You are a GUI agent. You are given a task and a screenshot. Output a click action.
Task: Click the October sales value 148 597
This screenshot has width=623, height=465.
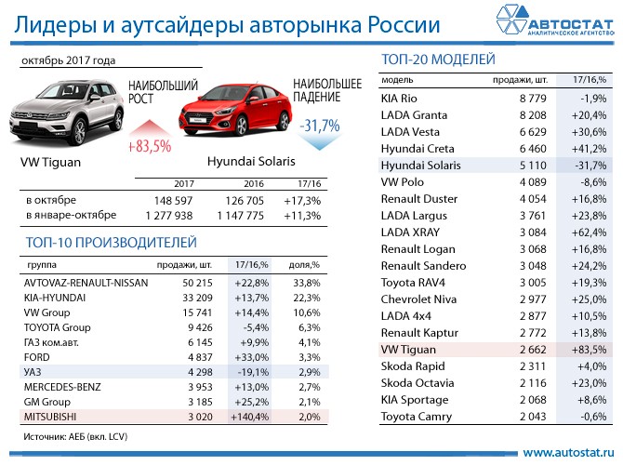pos(170,200)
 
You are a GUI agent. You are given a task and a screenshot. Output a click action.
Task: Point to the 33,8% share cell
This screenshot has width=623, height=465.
pos(304,282)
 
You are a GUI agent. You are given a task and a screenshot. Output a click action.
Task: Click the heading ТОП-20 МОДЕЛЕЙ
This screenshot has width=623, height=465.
pos(438,60)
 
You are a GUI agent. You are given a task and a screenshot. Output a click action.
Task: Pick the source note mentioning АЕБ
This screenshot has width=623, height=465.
pos(75,434)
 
